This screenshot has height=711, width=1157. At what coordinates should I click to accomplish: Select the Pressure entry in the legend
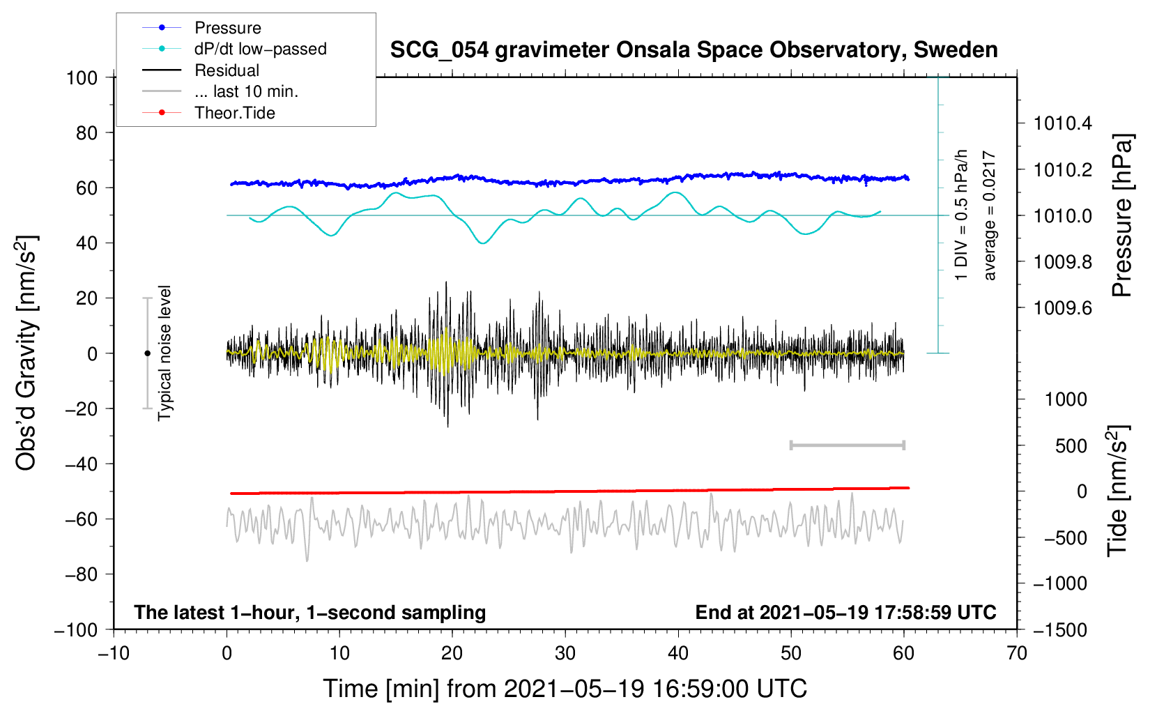pos(228,27)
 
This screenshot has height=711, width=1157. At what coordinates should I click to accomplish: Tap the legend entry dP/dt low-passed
pos(261,49)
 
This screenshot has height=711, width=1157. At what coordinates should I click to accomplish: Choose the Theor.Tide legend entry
pos(234,113)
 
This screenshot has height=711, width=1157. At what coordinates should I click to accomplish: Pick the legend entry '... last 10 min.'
pos(246,91)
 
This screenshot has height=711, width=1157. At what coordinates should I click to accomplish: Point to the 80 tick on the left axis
pos(86,133)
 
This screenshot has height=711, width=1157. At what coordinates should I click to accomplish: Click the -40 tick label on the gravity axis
pos(81,464)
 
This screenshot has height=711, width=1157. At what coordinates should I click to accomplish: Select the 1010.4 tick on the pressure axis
pos(1063,123)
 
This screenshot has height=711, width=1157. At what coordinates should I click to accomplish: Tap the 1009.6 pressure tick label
pos(1063,308)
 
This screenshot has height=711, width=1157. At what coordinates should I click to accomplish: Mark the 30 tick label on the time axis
pos(565,654)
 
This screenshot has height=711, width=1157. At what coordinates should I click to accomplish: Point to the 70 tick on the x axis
pos(1016,654)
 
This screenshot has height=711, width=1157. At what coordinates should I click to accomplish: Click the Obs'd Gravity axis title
pos(26,353)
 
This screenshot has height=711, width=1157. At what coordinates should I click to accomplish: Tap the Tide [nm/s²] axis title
pos(1118,491)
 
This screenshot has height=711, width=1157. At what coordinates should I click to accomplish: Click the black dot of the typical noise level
pos(147,353)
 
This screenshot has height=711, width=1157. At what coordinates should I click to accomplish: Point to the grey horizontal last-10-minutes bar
pos(847,445)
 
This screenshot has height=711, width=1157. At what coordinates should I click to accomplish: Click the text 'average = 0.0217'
pos(989,215)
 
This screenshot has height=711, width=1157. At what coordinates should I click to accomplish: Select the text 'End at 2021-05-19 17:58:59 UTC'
pos(845,612)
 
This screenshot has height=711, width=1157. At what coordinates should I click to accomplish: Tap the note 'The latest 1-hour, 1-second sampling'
pos(310,613)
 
